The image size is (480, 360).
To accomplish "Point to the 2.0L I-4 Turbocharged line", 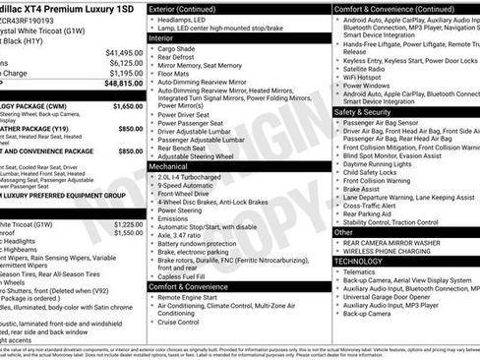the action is [x=198, y=177].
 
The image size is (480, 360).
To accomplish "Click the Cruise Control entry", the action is [x=184, y=321].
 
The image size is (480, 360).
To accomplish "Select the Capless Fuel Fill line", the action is [x=192, y=275].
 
